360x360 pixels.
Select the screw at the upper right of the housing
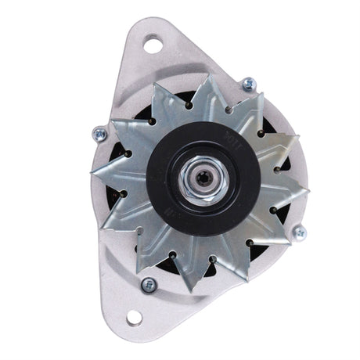pyautogui.click(x=247, y=82)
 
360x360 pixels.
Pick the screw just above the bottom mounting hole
pyautogui.click(x=146, y=284)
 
